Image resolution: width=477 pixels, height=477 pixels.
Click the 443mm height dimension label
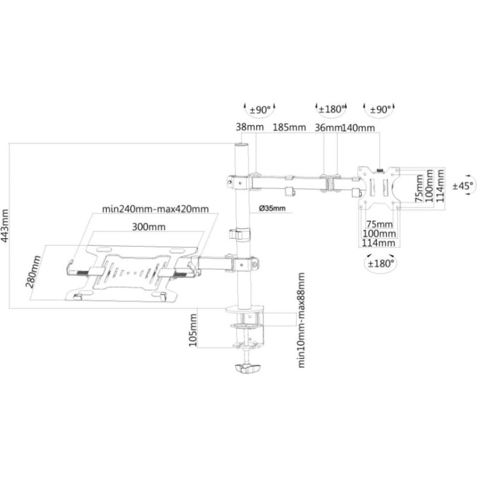coord(5,225)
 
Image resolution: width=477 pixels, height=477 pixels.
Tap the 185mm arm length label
coord(289,127)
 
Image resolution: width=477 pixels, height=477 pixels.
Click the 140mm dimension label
coord(358,128)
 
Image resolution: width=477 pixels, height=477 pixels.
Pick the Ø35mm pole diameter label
coord(272,208)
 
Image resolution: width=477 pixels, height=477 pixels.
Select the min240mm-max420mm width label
coord(156,209)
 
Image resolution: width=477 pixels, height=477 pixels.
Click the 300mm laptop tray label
coord(148,227)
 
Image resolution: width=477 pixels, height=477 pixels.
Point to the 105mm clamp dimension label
coord(193,330)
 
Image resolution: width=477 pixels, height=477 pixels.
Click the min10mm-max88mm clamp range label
coord(301,320)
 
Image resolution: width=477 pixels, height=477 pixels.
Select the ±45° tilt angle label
coord(463,185)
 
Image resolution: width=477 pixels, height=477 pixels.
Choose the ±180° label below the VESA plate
coord(380,264)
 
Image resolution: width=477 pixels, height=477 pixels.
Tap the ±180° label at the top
coord(332,109)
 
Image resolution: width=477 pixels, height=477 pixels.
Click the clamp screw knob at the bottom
coord(247,368)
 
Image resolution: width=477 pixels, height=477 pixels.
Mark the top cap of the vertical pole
coord(242,145)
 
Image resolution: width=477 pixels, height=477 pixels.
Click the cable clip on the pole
coord(239,235)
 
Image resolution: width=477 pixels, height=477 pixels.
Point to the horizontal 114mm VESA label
coord(379,243)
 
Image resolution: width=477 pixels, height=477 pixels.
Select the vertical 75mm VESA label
coord(419,188)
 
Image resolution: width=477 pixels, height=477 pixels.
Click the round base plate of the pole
coord(244,309)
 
